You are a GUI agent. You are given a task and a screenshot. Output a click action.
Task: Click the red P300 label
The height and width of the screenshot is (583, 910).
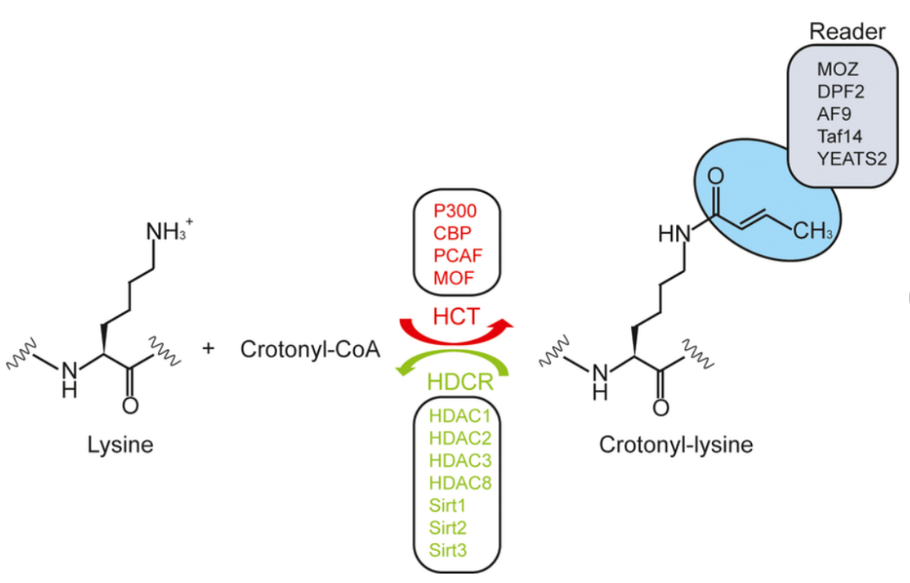tap(455, 212)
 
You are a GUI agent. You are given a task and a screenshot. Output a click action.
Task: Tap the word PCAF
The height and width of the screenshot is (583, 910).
tap(455, 255)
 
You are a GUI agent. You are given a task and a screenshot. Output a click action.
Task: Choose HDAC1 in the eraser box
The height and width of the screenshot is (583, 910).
tap(460, 416)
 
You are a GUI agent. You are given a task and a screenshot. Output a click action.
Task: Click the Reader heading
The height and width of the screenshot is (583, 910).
tap(847, 32)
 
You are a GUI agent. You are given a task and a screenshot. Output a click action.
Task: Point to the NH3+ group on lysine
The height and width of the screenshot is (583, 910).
tap(168, 235)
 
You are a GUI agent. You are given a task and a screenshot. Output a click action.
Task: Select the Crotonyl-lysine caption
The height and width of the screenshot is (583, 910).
tap(675, 445)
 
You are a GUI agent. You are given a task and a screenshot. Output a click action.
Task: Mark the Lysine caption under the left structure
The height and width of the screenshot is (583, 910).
tap(120, 445)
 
